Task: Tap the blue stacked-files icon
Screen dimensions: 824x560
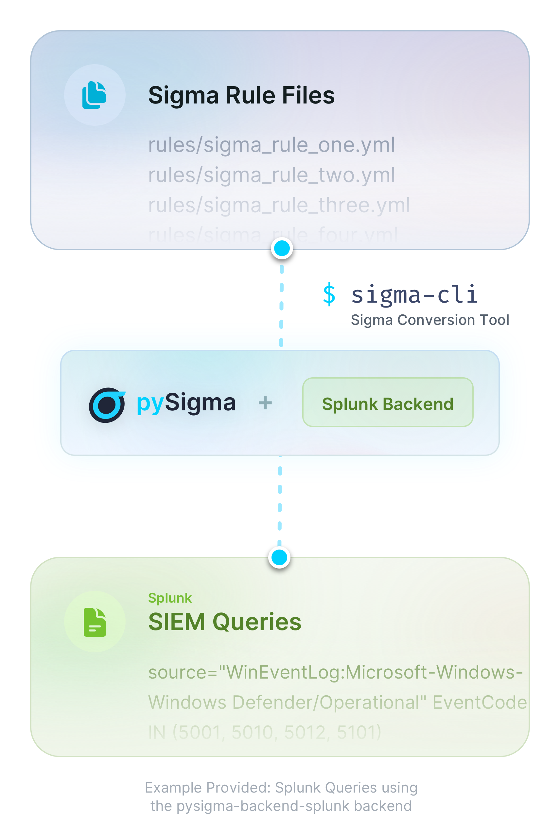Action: (94, 95)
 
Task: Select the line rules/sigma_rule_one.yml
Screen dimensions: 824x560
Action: (271, 145)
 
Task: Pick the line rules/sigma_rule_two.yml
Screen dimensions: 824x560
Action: (271, 175)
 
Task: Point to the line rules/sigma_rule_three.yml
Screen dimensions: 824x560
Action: (279, 205)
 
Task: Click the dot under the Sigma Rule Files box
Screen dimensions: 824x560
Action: (282, 248)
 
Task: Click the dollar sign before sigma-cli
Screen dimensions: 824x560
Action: (329, 295)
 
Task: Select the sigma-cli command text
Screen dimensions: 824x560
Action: (414, 295)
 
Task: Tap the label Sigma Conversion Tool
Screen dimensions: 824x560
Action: (430, 320)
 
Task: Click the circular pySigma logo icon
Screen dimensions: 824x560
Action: (107, 404)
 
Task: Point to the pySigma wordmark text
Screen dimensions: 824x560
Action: (186, 403)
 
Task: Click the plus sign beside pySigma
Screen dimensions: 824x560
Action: (265, 403)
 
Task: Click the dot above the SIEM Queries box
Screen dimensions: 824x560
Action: (279, 557)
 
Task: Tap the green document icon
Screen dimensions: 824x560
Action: (95, 622)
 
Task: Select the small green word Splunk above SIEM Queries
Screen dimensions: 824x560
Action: (170, 598)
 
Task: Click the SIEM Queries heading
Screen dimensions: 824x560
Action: (225, 622)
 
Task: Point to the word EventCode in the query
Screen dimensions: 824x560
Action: (479, 702)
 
